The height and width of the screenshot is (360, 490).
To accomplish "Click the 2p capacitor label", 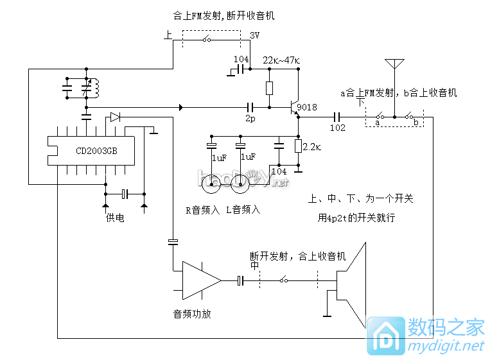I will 250,119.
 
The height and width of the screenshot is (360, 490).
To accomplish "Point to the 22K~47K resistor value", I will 281,60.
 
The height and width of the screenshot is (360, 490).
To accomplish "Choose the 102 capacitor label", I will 338,128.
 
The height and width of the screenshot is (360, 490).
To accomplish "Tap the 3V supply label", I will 254,36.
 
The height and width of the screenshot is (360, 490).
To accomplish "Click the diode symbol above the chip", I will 115,117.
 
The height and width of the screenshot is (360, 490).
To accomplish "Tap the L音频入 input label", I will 243,209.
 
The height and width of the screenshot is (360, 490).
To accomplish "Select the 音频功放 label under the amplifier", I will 191,314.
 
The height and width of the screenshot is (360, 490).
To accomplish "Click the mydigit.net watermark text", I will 443,347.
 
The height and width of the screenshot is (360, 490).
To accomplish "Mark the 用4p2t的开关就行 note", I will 356,218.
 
